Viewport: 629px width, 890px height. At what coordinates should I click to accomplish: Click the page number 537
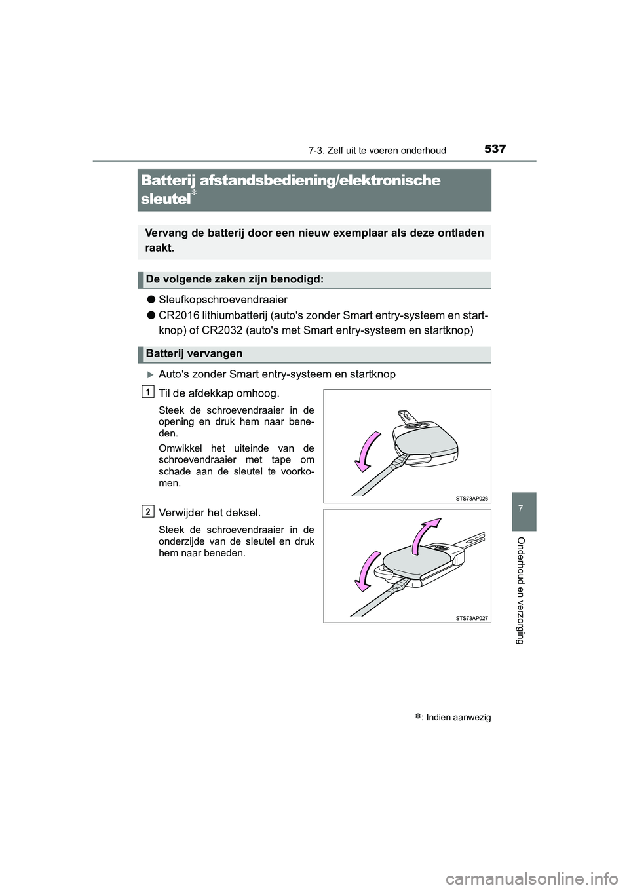click(495, 149)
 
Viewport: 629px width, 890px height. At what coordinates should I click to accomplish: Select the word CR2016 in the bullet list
click(176, 316)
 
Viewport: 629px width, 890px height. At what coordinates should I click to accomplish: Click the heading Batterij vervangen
click(195, 354)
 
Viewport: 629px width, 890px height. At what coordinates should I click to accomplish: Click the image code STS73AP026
click(472, 498)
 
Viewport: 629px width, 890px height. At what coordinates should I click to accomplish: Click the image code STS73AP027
click(472, 617)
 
